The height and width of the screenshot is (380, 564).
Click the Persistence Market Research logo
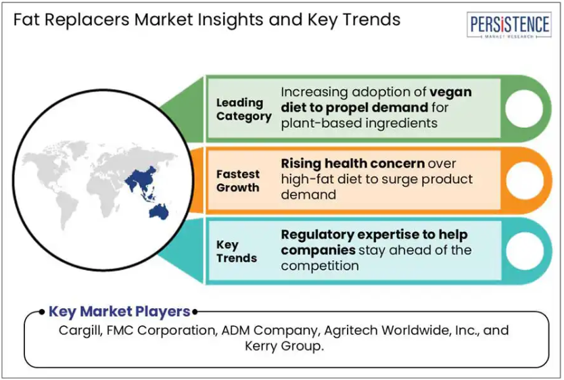pos(509,25)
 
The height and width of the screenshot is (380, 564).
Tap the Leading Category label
pos(244,110)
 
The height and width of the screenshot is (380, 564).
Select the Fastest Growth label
pos(238,181)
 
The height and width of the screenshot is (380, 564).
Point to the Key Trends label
pos(236,252)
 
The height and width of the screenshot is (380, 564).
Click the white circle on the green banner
pos(523,109)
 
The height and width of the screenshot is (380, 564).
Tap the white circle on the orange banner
pos(525,180)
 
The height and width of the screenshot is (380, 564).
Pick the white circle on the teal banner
pos(525,252)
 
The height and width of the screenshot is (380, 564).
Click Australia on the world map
pos(159,212)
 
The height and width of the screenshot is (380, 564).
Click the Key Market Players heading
pos(120,312)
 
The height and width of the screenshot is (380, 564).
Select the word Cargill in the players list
pos(80,331)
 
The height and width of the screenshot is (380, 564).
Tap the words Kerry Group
pos(284,346)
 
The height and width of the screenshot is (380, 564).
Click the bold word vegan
pos(450,92)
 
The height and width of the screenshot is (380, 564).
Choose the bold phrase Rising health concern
pos(353,164)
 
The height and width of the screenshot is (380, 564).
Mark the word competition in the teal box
pos(320,266)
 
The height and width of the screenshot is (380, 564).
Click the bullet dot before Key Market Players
pos(42,312)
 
